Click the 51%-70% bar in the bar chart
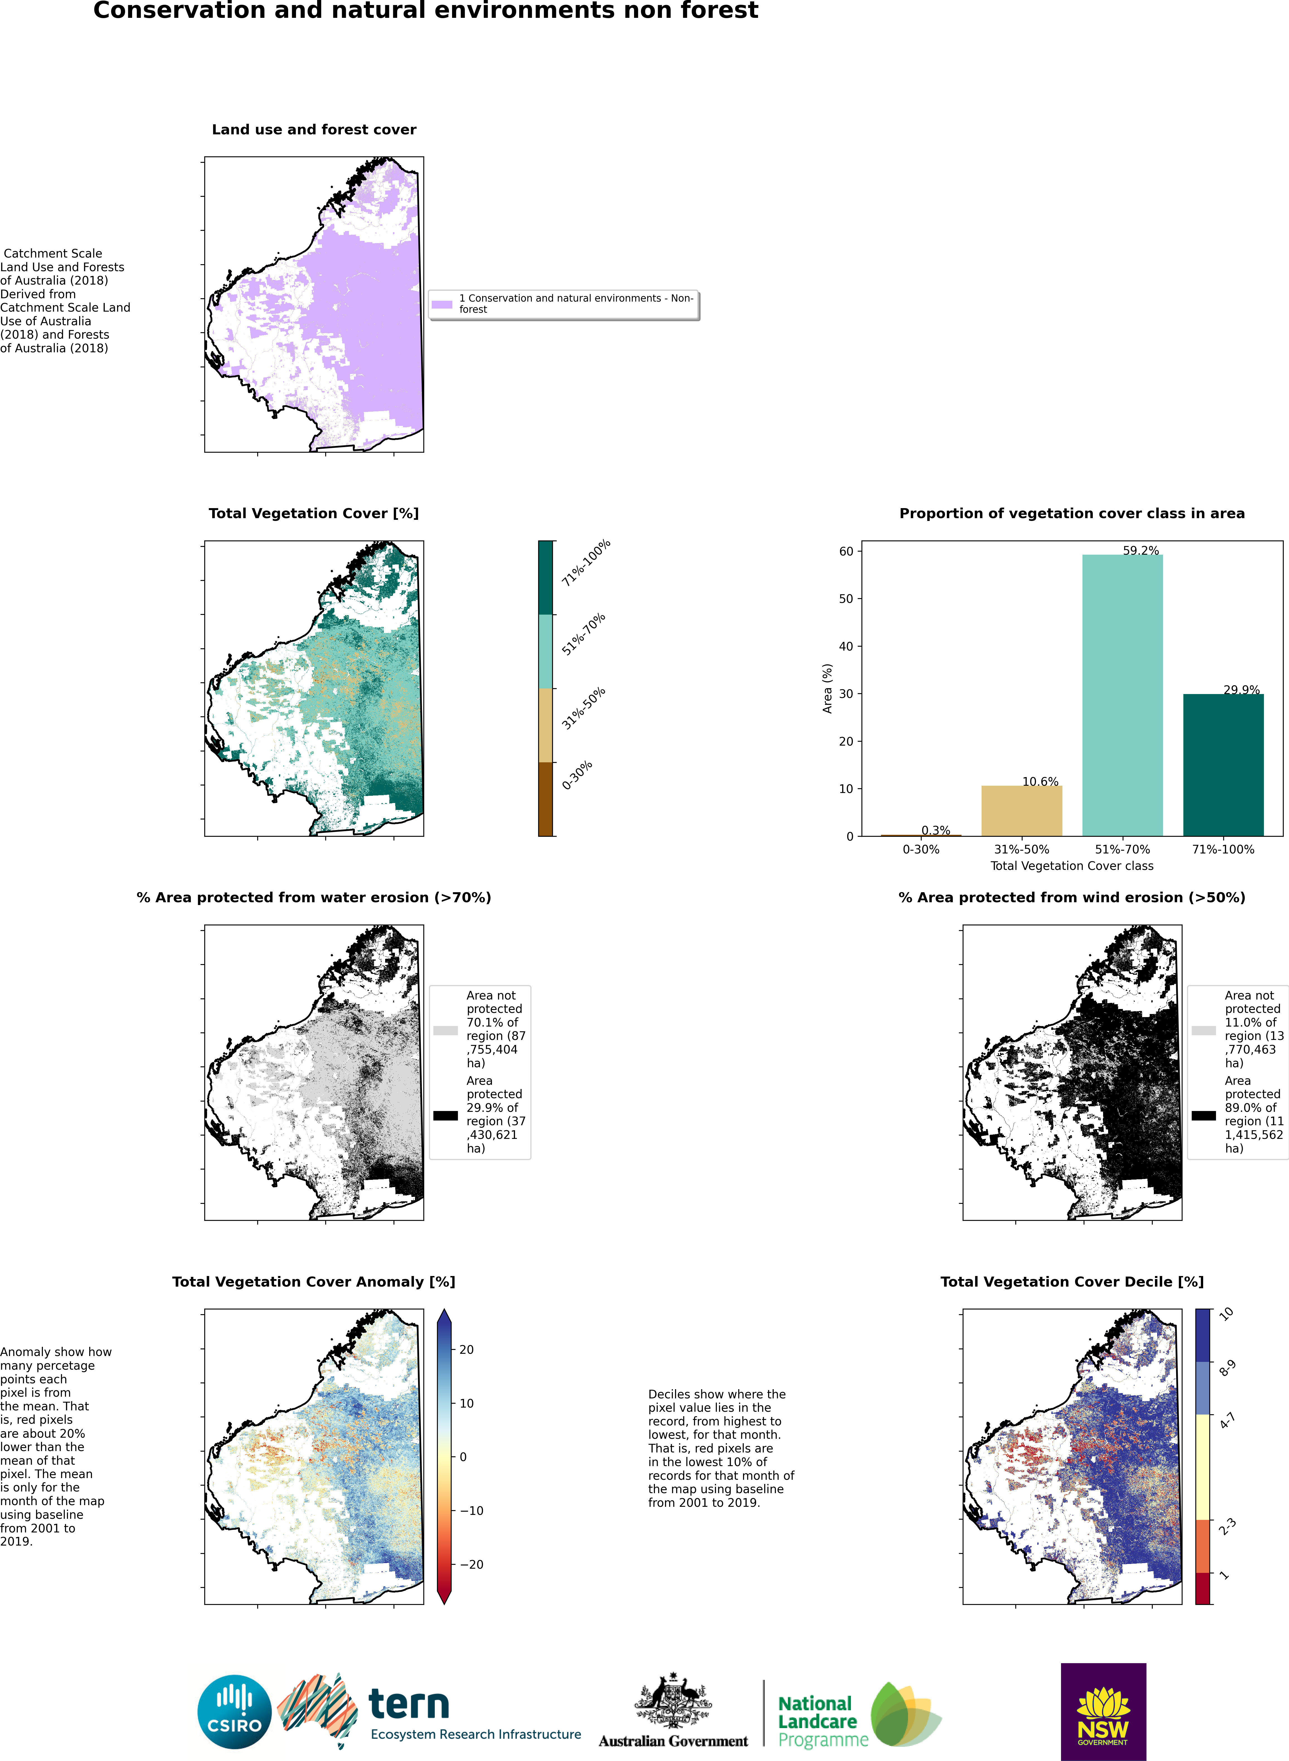(x=1122, y=695)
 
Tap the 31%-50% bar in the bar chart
(x=1021, y=811)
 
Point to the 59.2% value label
(x=1141, y=550)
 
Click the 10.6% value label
(x=1040, y=781)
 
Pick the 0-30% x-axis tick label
(x=921, y=849)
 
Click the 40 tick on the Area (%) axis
(x=846, y=646)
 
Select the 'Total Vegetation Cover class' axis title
(x=1071, y=865)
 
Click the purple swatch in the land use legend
(x=442, y=304)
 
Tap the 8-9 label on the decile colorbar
(x=1227, y=1368)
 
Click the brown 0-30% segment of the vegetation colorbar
(x=545, y=799)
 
